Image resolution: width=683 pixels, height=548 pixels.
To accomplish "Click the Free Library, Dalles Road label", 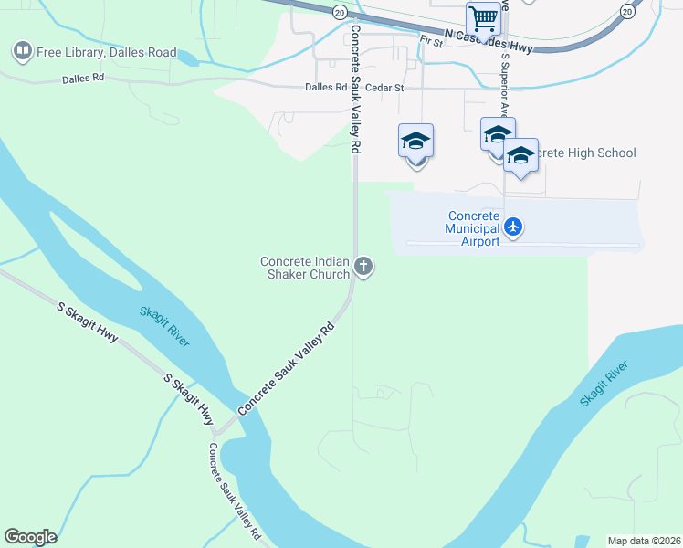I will point(107,52).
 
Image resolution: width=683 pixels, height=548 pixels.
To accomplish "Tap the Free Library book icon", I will point(23,51).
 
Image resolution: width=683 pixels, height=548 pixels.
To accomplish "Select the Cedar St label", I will point(384,88).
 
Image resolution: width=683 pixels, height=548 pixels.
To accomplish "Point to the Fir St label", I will point(431,41).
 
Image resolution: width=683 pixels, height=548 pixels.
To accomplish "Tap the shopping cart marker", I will point(483,18).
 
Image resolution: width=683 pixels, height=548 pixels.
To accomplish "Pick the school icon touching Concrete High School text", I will point(520,155).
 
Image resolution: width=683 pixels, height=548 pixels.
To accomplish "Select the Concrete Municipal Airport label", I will point(473,228).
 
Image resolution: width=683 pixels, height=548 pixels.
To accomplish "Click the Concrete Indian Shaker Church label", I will point(306,268).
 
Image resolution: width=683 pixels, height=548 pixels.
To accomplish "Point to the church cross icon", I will point(363,267).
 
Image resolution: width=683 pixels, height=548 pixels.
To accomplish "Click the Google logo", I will point(30,537).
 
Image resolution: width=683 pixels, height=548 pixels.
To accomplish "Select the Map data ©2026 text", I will point(644,541).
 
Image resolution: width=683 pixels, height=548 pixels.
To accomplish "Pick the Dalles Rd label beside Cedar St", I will point(328,88).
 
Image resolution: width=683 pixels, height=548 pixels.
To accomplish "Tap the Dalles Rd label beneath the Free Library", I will point(83,79).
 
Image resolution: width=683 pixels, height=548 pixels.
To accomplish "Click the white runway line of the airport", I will point(520,244).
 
